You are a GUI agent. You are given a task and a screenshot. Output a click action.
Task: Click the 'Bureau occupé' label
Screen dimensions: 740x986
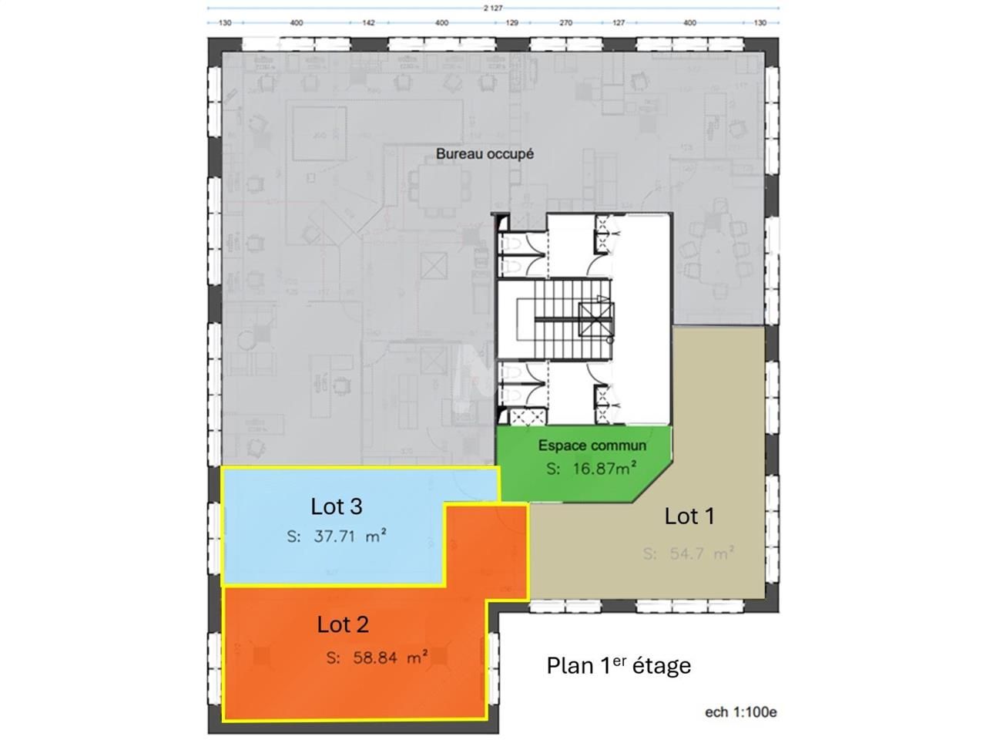tap(485, 153)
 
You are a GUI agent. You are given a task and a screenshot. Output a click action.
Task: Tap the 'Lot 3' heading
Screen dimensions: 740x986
tap(337, 506)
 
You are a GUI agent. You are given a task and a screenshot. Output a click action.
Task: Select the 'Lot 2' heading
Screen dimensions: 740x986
tap(343, 624)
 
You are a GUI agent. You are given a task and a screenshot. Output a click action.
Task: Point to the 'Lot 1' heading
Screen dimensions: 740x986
tap(689, 516)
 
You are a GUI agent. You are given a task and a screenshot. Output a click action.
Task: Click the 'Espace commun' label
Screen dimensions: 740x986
tap(592, 446)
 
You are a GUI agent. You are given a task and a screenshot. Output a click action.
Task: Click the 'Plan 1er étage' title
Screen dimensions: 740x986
tap(619, 665)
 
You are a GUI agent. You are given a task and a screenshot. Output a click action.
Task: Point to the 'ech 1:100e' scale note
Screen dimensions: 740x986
tap(740, 712)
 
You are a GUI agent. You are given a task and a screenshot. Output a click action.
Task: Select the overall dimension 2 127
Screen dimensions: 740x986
tap(494, 8)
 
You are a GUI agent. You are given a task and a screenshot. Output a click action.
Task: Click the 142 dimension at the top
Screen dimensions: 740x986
tap(368, 23)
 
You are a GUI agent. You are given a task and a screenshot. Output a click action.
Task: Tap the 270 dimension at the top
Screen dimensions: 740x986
tap(565, 23)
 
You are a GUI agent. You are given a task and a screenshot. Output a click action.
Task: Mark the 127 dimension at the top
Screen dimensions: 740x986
tap(619, 23)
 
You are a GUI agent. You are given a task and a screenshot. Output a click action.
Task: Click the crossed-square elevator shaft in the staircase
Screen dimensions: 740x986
tap(597, 317)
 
